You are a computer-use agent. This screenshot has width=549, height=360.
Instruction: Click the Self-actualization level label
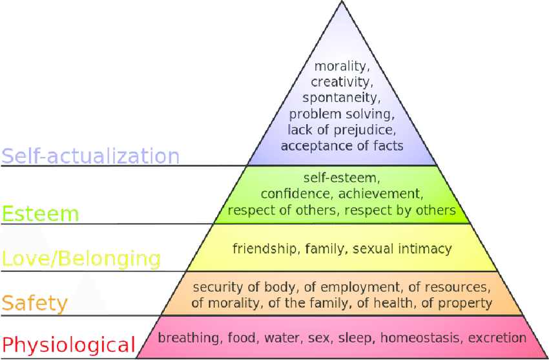(x=90, y=156)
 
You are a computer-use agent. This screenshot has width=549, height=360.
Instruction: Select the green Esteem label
(x=40, y=213)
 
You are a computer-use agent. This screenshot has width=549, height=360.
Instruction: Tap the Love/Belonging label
(x=81, y=259)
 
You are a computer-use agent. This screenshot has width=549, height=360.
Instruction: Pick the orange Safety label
(x=34, y=303)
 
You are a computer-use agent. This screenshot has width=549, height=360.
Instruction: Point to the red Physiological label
(x=68, y=344)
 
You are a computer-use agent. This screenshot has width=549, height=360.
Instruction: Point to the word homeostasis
(x=420, y=338)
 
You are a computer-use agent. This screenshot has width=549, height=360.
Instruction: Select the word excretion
(x=497, y=338)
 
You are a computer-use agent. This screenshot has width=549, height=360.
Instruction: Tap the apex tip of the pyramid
(x=342, y=1)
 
